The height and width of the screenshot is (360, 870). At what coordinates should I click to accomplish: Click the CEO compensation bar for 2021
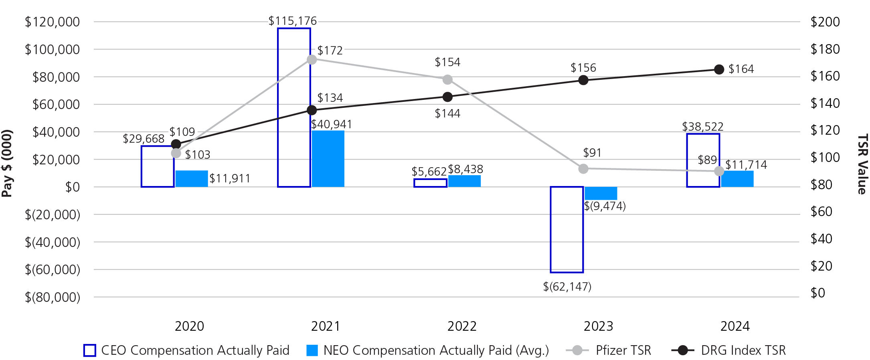point(294,107)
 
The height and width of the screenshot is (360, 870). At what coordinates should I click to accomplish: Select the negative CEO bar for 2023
point(567,229)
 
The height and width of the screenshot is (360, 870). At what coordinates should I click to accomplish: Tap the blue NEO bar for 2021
point(328,159)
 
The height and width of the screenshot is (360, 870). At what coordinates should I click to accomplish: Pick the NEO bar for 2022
point(464,181)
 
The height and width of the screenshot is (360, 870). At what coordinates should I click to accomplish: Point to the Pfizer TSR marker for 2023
point(583,169)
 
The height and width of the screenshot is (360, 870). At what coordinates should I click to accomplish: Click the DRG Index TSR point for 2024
point(719,70)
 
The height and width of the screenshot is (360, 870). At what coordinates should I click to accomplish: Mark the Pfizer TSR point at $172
point(312,60)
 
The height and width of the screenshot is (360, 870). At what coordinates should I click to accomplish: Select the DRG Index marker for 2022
point(447,97)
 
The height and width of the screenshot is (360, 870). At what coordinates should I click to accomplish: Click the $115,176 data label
point(292,21)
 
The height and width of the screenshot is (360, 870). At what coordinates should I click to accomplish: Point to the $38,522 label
point(702,127)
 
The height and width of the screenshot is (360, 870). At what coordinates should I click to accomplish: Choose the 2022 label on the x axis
point(462,326)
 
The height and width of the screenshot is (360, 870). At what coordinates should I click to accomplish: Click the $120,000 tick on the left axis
point(53,22)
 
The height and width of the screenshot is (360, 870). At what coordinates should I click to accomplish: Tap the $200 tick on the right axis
point(825,22)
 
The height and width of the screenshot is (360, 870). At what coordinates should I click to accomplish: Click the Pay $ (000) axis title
point(7,163)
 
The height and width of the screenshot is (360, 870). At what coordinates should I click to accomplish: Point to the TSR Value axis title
point(862,164)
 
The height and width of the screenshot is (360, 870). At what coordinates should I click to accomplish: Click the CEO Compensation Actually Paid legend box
point(90,350)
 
